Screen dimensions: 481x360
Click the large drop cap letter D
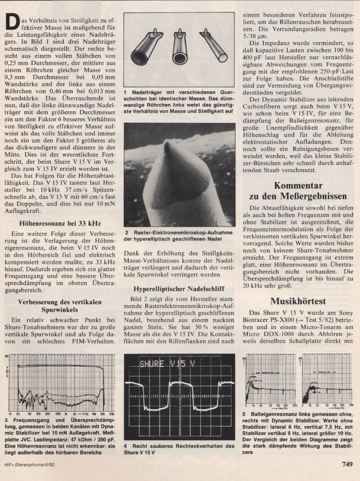[x=12, y=22]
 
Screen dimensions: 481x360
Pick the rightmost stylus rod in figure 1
[x=213, y=46]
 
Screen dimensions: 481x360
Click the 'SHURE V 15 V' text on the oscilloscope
[x=164, y=364]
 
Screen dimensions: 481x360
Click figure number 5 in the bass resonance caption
[x=244, y=414]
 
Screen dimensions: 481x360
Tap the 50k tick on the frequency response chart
[x=112, y=413]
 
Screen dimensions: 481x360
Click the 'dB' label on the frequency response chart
[x=7, y=357]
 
